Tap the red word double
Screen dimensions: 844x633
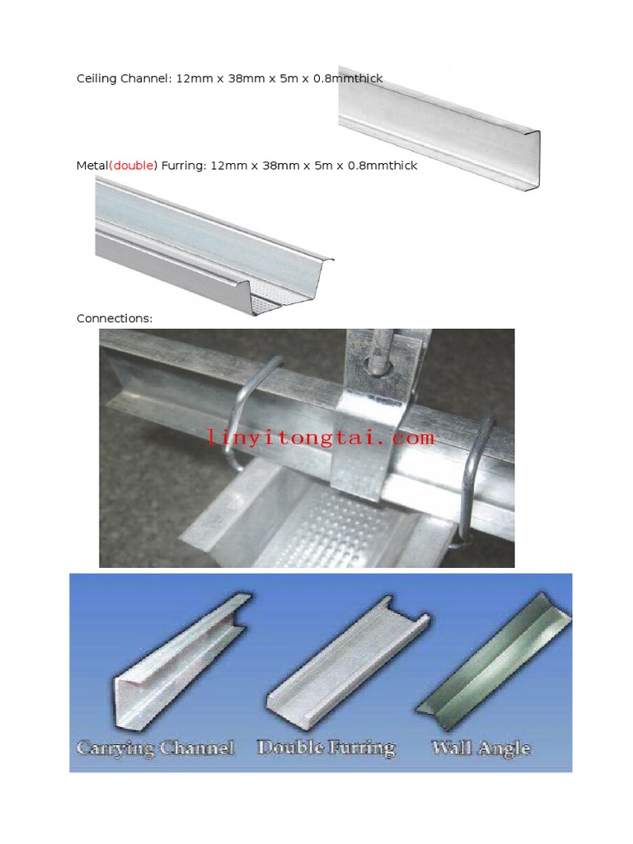coord(133,166)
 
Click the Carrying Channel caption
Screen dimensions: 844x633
coord(156,748)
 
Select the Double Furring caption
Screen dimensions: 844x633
coord(326,748)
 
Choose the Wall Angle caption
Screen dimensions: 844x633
coord(481,748)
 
